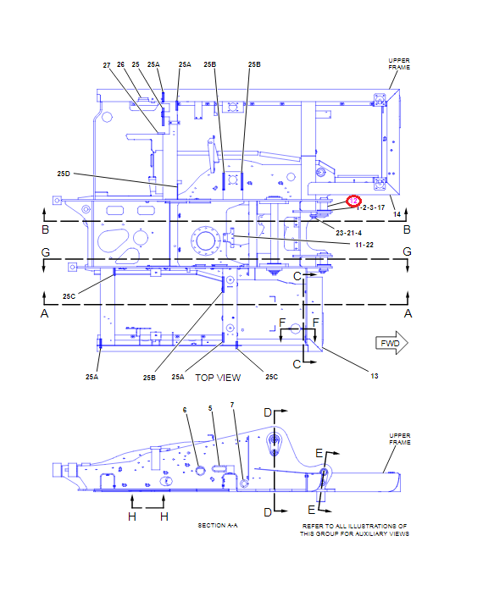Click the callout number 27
tap(108, 65)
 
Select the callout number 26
tap(121, 64)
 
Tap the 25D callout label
tap(64, 174)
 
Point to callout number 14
tap(397, 214)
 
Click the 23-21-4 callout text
tap(349, 232)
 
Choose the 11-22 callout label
tap(364, 245)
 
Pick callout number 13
tap(374, 376)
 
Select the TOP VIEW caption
tap(218, 378)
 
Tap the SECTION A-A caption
tap(218, 526)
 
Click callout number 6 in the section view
tap(185, 410)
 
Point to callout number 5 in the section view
tap(209, 408)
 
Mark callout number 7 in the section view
tap(232, 405)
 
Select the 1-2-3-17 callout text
tap(372, 207)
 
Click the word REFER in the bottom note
tap(314, 526)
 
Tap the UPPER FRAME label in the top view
tap(399, 63)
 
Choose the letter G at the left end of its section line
tap(46, 251)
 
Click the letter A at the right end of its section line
tap(408, 313)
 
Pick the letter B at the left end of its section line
tap(46, 229)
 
